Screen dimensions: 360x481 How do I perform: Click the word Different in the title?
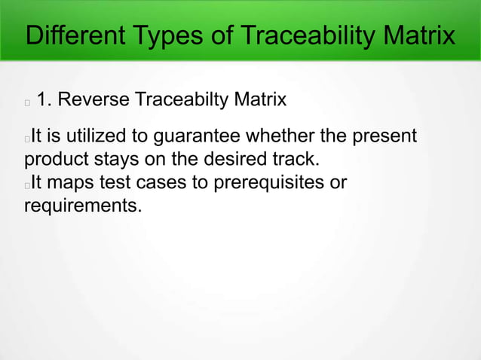[72, 35]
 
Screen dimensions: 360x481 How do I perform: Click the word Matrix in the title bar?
[418, 35]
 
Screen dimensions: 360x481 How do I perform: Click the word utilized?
[101, 137]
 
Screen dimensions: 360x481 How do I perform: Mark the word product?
[54, 160]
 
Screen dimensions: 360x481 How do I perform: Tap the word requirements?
[82, 205]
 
